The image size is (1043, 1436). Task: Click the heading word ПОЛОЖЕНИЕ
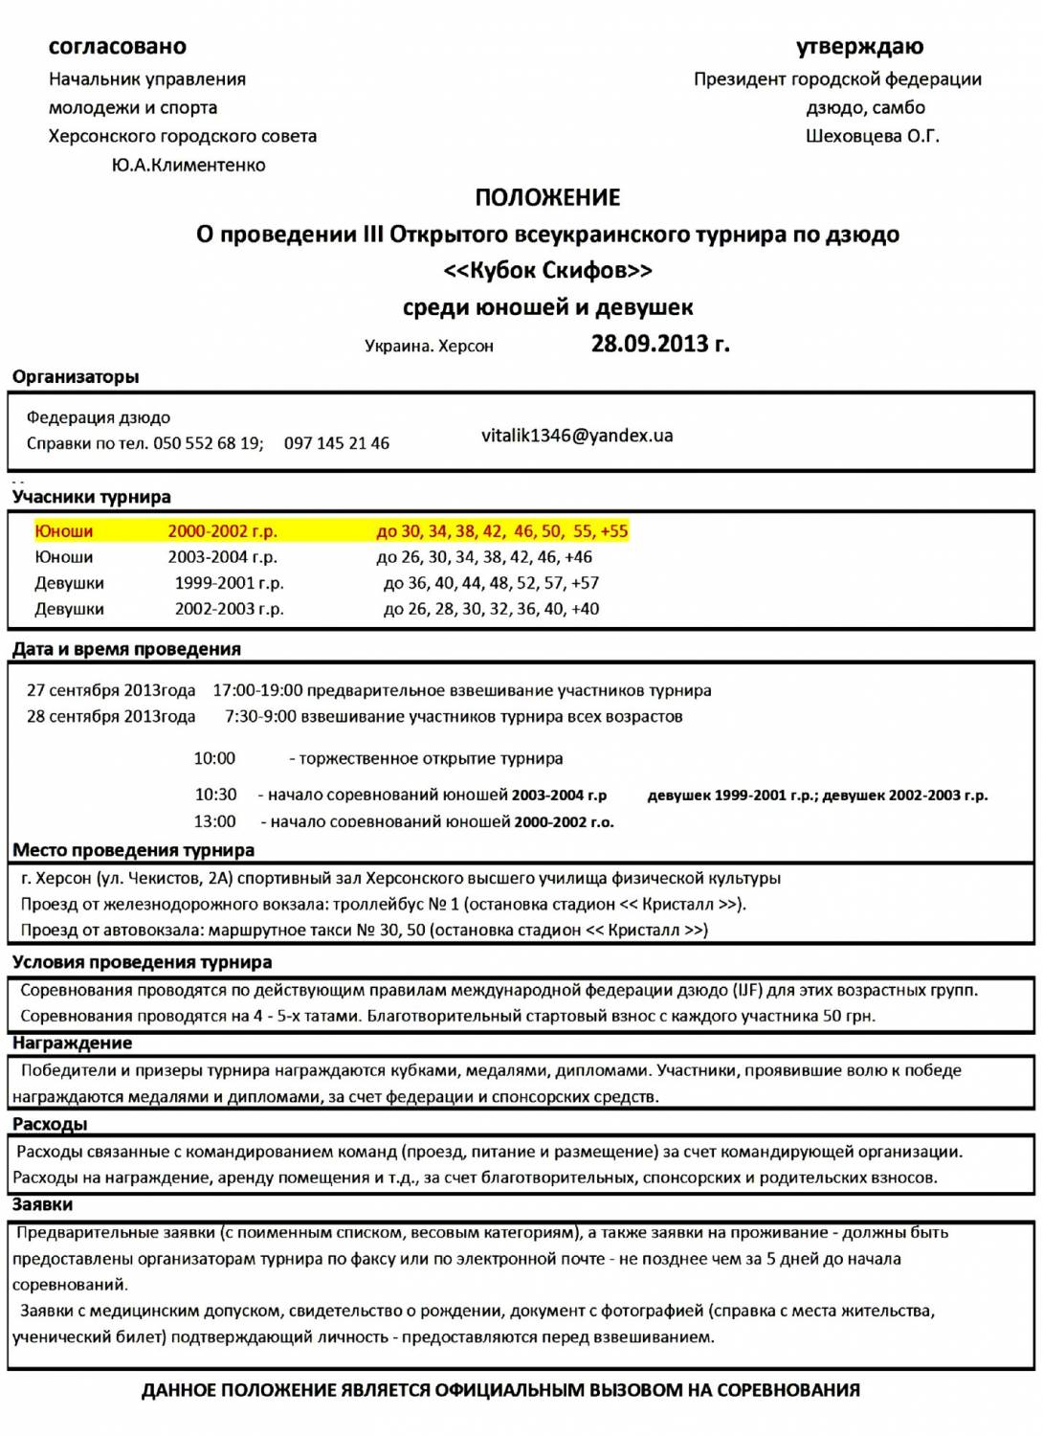pyautogui.click(x=547, y=197)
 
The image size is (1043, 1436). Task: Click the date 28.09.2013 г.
pyautogui.click(x=660, y=344)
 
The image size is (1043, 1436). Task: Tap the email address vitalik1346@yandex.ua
pyautogui.click(x=577, y=436)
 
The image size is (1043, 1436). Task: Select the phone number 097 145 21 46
pyautogui.click(x=337, y=443)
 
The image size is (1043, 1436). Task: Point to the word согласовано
pyautogui.click(x=118, y=46)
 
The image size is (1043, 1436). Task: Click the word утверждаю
pyautogui.click(x=859, y=46)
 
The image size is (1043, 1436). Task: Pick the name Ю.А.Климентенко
pyautogui.click(x=189, y=165)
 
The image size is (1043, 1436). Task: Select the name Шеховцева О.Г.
pyautogui.click(x=872, y=136)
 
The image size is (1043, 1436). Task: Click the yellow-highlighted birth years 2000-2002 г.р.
pyautogui.click(x=222, y=531)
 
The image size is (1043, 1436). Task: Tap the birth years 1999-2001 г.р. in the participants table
pyautogui.click(x=229, y=583)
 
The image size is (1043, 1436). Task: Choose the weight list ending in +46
pyautogui.click(x=484, y=557)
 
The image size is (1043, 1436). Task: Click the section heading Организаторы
pyautogui.click(x=76, y=377)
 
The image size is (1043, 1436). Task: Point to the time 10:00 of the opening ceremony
pyautogui.click(x=214, y=758)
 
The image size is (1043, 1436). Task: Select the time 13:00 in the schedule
pyautogui.click(x=215, y=821)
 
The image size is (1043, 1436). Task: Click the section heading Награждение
pyautogui.click(x=72, y=1043)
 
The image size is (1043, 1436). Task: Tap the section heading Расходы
pyautogui.click(x=50, y=1124)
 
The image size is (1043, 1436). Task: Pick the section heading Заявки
pyautogui.click(x=43, y=1204)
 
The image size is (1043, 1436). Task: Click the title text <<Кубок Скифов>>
pyautogui.click(x=547, y=271)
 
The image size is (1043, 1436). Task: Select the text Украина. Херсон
pyautogui.click(x=429, y=347)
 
